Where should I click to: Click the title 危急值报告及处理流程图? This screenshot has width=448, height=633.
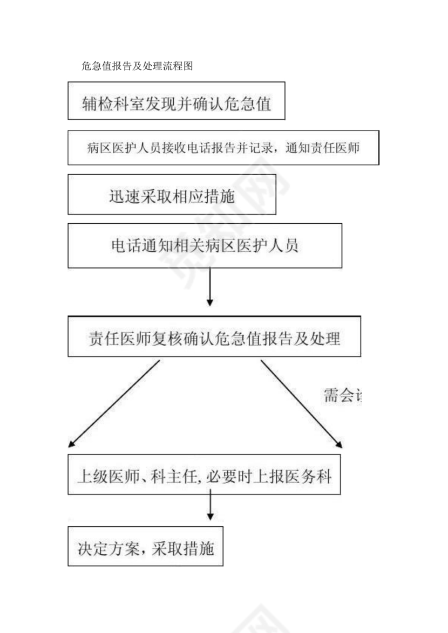[137, 66]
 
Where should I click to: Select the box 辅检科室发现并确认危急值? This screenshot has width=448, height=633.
[176, 101]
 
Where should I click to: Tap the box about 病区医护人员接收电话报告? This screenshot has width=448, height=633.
[223, 147]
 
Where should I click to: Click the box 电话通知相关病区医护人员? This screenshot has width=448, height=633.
[205, 246]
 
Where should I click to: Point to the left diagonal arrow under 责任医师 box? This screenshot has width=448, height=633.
[114, 404]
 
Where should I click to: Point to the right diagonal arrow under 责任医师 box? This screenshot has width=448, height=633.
[301, 404]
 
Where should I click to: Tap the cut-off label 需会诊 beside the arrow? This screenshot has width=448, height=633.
[342, 396]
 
